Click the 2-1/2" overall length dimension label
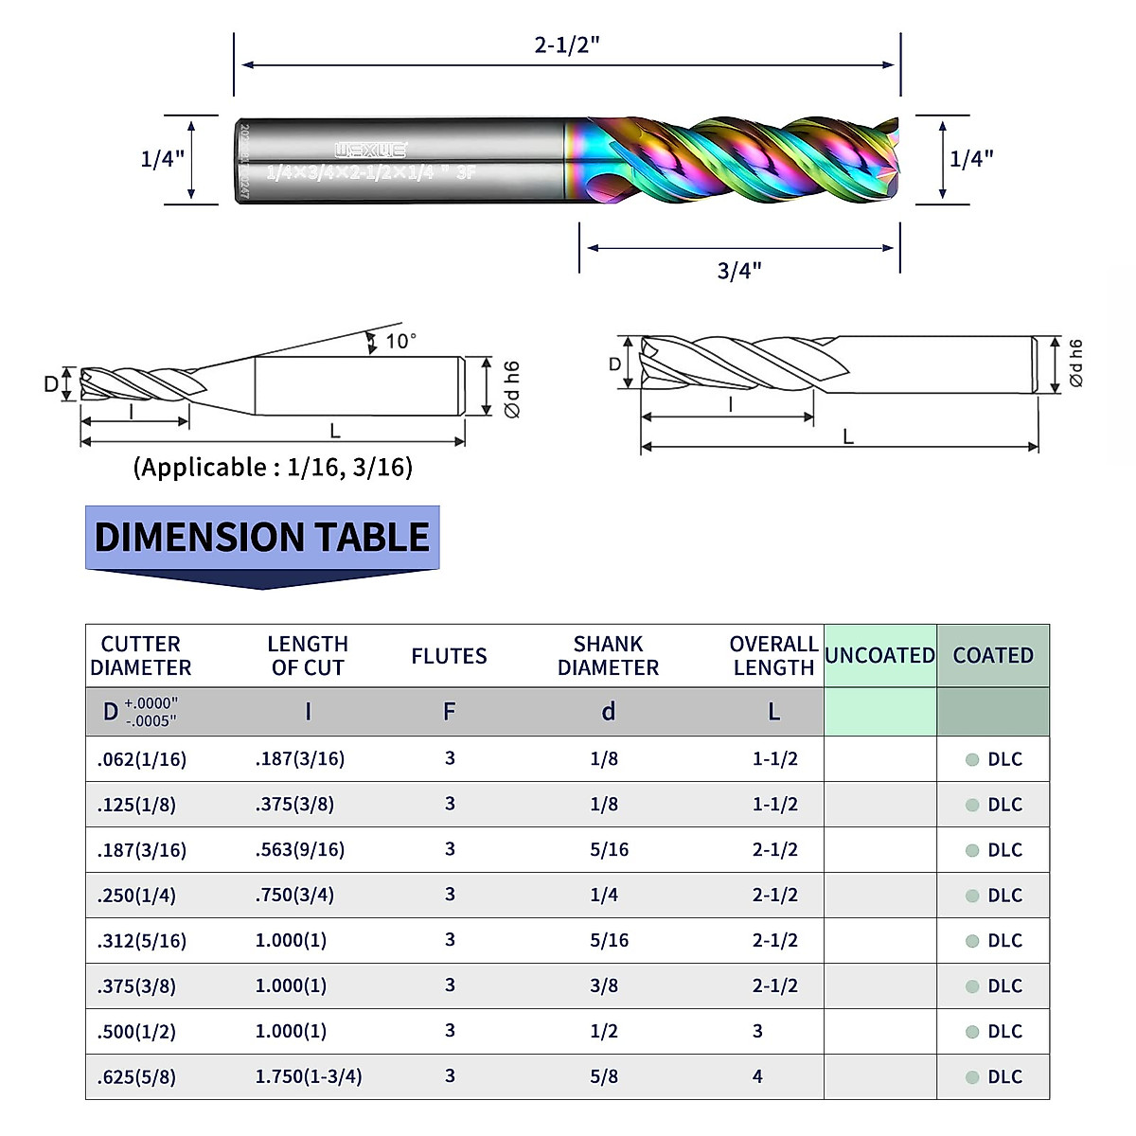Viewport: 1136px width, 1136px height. click(x=567, y=44)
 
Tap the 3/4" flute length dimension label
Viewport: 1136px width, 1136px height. click(x=739, y=271)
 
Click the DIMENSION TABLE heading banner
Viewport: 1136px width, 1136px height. click(x=262, y=538)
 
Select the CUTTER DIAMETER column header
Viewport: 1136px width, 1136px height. click(x=140, y=656)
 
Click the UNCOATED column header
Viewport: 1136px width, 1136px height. click(x=879, y=655)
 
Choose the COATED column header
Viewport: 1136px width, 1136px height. click(x=993, y=655)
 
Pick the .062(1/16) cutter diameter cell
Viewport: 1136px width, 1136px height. click(x=142, y=759)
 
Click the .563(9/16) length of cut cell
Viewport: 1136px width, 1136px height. click(x=300, y=850)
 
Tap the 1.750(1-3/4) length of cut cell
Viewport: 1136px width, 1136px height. click(x=309, y=1076)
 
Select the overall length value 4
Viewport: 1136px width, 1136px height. click(x=757, y=1076)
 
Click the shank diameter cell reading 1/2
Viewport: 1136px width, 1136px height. click(x=604, y=1031)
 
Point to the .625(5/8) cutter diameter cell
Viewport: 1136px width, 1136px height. click(x=136, y=1077)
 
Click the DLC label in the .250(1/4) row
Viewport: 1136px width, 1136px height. click(x=1004, y=896)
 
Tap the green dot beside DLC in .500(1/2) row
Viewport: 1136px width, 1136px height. click(x=971, y=1032)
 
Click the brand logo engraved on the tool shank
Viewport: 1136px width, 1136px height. click(x=370, y=150)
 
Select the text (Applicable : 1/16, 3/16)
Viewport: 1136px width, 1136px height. click(x=273, y=468)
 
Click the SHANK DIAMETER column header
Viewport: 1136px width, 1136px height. click(x=608, y=656)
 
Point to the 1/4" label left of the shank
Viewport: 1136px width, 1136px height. click(x=162, y=159)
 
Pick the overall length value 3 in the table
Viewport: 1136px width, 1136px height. click(x=757, y=1031)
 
